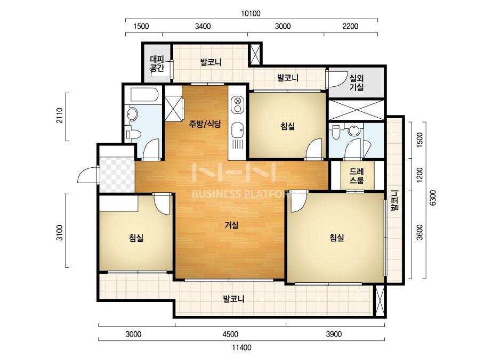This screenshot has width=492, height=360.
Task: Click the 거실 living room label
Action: tap(232, 225)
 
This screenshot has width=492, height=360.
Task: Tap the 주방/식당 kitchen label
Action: tap(205, 124)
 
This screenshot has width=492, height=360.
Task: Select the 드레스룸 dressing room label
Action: tap(357, 176)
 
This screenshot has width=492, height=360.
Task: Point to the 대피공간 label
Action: tap(157, 64)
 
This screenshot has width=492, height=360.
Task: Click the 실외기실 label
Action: tap(357, 83)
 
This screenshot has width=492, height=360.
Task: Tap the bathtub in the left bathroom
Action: tap(143, 94)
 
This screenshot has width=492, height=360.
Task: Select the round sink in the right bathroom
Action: tap(354, 130)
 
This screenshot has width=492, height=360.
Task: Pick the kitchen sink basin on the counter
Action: tap(238, 130)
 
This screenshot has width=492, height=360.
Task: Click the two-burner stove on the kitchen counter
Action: tap(238, 105)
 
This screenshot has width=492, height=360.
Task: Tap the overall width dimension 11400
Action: tap(241, 348)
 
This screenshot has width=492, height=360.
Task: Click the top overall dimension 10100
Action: tap(251, 13)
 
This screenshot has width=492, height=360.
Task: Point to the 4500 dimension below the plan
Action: tap(230, 334)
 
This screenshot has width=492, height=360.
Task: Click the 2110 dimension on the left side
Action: tap(60, 116)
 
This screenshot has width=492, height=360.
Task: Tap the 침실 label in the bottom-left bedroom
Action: tap(136, 238)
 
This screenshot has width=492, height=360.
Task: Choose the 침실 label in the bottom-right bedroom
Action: tap(337, 238)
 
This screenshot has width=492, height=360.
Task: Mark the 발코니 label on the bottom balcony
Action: tap(234, 299)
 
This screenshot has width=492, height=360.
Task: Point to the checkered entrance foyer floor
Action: tap(117, 175)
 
